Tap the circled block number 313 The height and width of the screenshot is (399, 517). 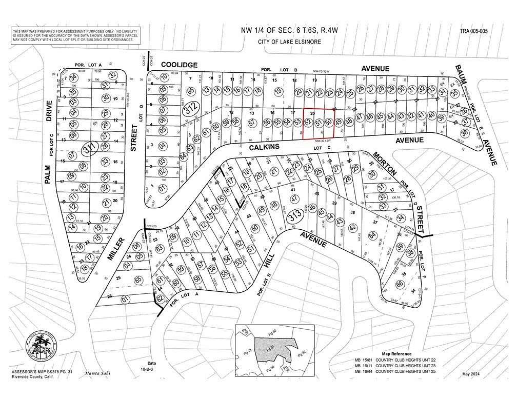(x=294, y=217)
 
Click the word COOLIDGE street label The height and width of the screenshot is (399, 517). (x=179, y=65)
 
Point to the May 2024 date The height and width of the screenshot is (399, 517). (x=473, y=374)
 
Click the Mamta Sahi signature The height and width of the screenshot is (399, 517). (x=97, y=373)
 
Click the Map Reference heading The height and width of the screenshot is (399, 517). (x=397, y=354)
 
